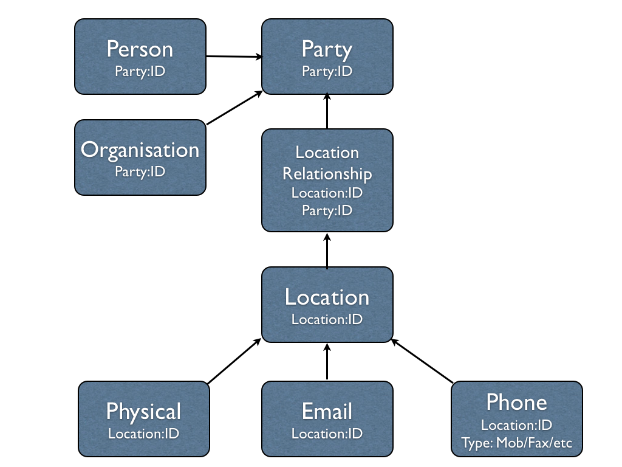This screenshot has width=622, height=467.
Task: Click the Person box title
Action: (140, 49)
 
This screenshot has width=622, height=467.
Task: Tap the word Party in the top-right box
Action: (327, 49)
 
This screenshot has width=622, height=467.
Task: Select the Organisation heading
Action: (140, 150)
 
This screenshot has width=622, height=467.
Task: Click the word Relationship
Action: (327, 174)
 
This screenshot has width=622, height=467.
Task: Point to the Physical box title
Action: (143, 412)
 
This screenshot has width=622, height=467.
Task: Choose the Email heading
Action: (327, 412)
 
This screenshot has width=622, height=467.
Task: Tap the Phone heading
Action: (516, 402)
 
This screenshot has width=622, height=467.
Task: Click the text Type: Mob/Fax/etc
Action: (516, 442)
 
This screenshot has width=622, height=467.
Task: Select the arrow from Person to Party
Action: (234, 57)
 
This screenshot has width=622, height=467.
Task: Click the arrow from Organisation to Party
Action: (234, 108)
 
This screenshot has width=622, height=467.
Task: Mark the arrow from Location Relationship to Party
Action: (327, 111)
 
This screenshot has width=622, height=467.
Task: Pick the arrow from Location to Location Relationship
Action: (327, 251)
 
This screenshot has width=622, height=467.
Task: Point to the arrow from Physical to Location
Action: (234, 362)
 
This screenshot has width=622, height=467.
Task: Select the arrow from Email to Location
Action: (327, 362)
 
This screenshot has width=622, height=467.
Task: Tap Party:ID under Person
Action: (140, 71)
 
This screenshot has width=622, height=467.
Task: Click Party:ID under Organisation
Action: (140, 171)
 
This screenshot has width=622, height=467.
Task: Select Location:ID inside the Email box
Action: (327, 434)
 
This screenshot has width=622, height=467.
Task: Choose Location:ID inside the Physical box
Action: (143, 434)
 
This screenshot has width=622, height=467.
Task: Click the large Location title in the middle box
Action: (327, 297)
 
